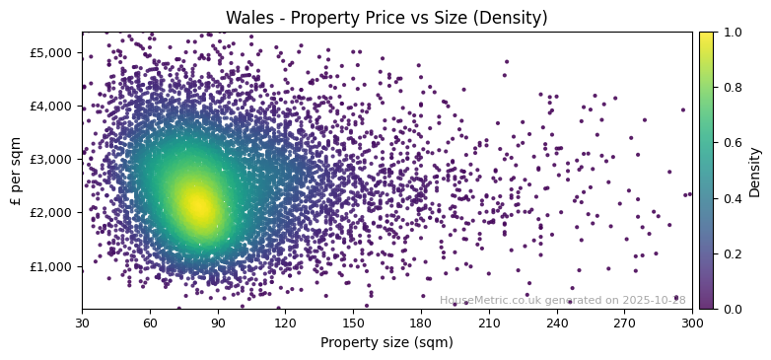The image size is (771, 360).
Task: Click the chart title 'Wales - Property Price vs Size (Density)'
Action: point(386,18)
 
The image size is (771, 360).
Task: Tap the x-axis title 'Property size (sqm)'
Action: point(386,343)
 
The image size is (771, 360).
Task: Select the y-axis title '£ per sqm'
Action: point(15,170)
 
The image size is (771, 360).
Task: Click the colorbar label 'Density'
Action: point(755,171)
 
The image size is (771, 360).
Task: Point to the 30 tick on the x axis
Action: point(82,323)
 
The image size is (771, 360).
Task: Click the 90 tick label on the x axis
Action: point(217,323)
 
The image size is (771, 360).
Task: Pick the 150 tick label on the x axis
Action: point(353,323)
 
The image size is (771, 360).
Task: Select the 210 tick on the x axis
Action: point(489,323)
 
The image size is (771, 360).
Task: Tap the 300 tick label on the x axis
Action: point(692,323)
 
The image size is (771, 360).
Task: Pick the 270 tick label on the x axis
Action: point(624,323)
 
